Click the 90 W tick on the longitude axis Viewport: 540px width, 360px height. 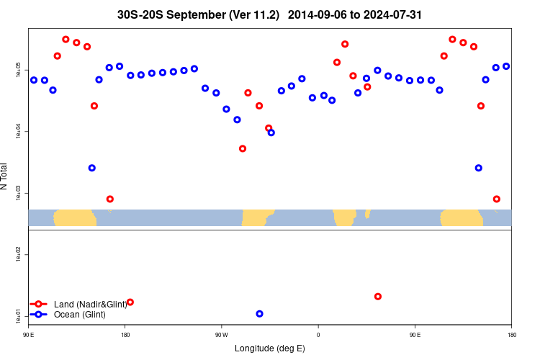221,335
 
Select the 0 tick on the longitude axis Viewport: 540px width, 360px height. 318,335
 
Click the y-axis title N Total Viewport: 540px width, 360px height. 6,176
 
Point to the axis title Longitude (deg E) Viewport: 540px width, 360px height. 270,348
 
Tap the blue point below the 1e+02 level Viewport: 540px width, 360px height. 259,314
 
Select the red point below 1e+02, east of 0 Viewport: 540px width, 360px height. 378,297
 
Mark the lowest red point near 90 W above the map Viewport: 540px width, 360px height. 243,149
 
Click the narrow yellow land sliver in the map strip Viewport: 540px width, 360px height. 367,214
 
